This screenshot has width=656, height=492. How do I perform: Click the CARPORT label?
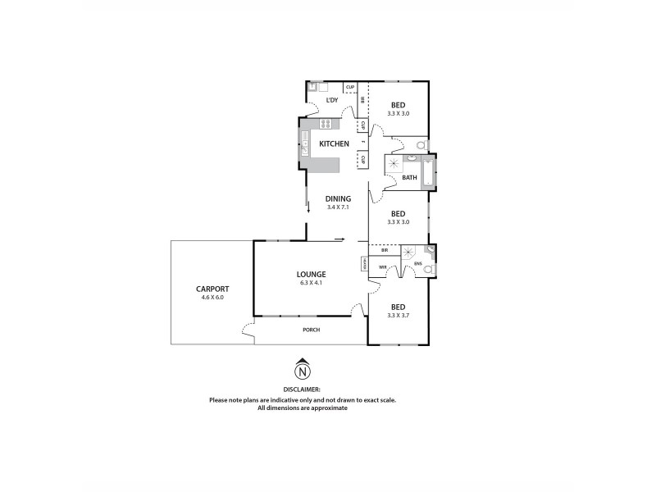(212, 289)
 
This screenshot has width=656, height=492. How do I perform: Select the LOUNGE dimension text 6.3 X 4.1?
(312, 283)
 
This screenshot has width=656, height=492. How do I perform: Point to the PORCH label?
(311, 330)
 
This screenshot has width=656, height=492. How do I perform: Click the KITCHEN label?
(334, 144)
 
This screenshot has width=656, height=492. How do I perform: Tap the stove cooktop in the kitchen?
(326, 125)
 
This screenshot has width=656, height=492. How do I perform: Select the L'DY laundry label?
(332, 100)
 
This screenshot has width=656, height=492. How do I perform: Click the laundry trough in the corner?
(312, 86)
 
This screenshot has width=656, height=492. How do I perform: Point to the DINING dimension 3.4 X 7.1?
(338, 207)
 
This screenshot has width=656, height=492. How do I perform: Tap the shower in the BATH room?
(392, 163)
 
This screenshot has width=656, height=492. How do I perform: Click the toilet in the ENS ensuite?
(427, 269)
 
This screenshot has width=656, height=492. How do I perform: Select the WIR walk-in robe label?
(383, 267)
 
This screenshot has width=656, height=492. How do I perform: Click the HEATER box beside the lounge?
(362, 263)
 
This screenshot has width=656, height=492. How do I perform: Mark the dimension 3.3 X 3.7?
(398, 316)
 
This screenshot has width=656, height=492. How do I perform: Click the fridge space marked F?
(362, 143)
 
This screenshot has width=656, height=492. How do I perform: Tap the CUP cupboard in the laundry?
(349, 87)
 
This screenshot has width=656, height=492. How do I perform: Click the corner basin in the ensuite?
(430, 248)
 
